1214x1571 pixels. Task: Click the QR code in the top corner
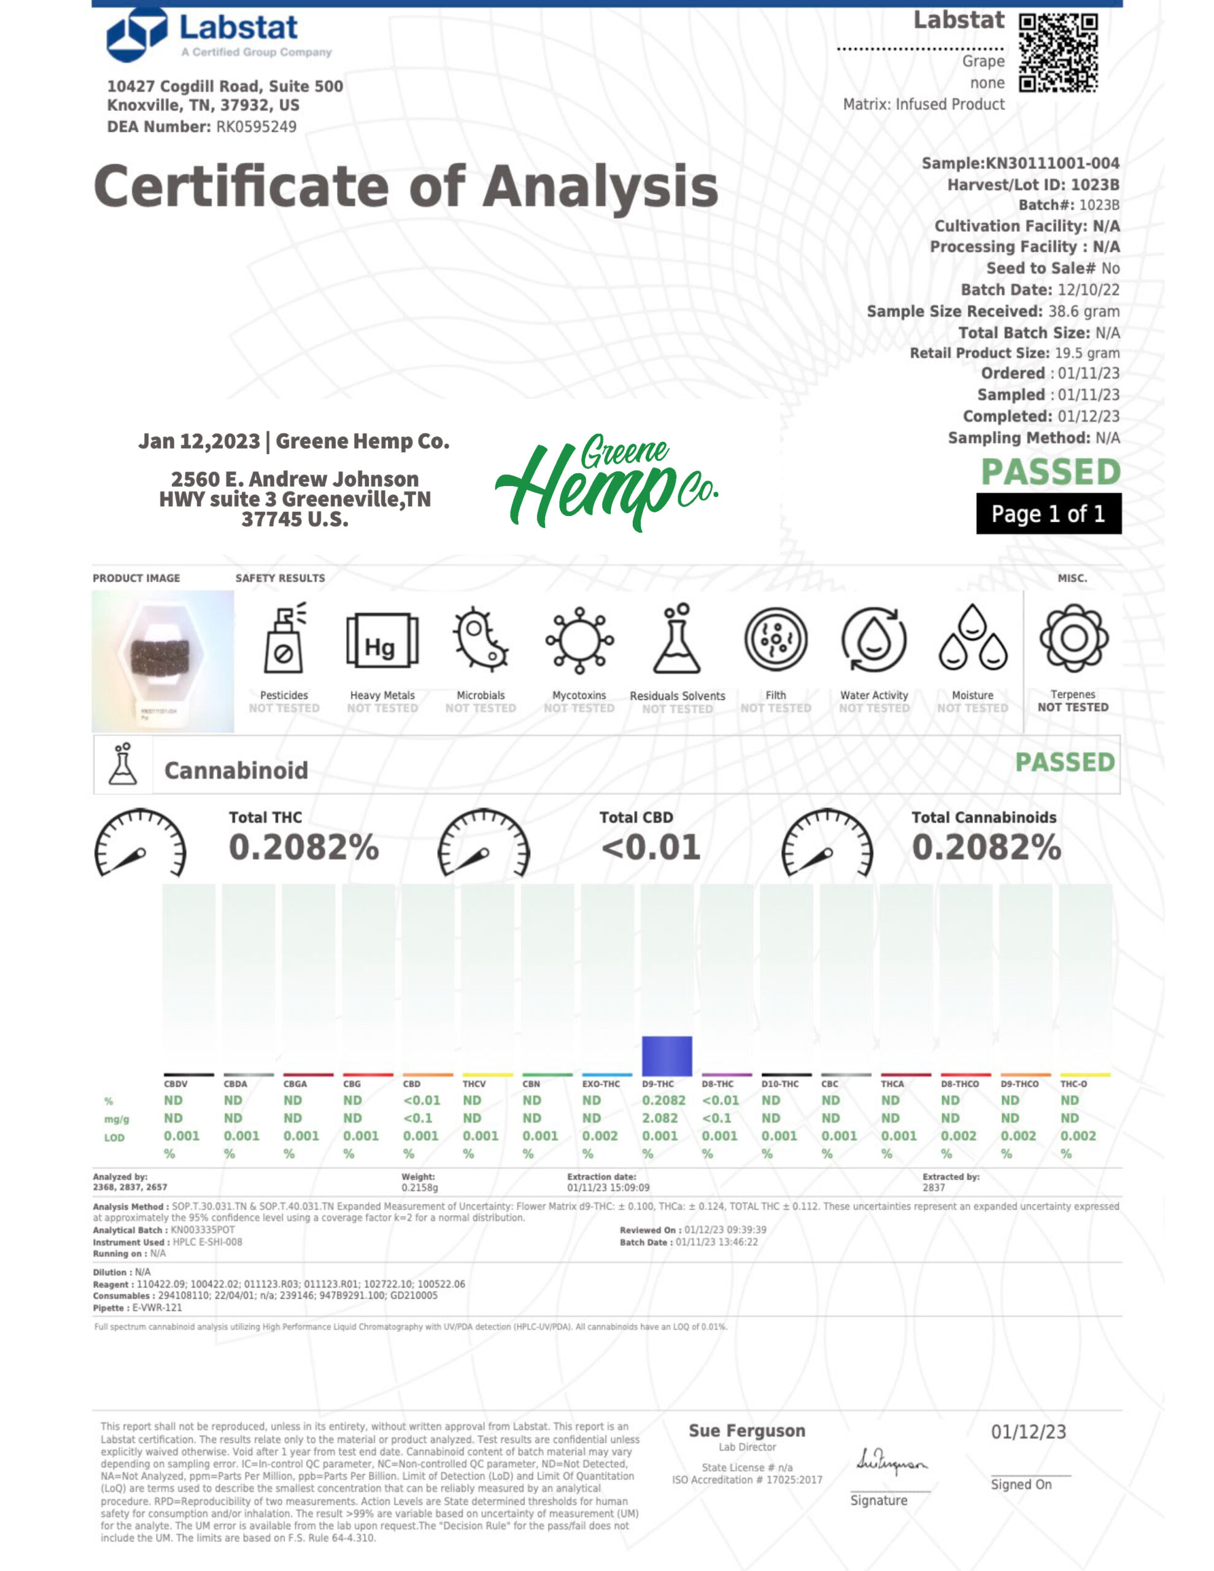tap(1058, 53)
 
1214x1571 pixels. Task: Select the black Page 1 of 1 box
tap(1048, 514)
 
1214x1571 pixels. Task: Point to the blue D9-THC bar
tap(667, 1056)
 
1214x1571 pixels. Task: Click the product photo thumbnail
tap(163, 661)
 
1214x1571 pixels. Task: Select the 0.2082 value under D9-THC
tap(663, 1100)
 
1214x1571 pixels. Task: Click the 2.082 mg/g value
tap(660, 1118)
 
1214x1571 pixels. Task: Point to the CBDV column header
tap(176, 1084)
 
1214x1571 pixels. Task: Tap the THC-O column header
tap(1073, 1084)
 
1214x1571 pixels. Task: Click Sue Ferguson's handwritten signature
tap(892, 1462)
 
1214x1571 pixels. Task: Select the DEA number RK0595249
tap(256, 126)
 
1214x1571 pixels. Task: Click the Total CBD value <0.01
tap(651, 847)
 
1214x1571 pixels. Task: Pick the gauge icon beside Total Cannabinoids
tap(827, 844)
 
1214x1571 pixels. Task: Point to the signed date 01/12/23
tap(1028, 1432)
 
